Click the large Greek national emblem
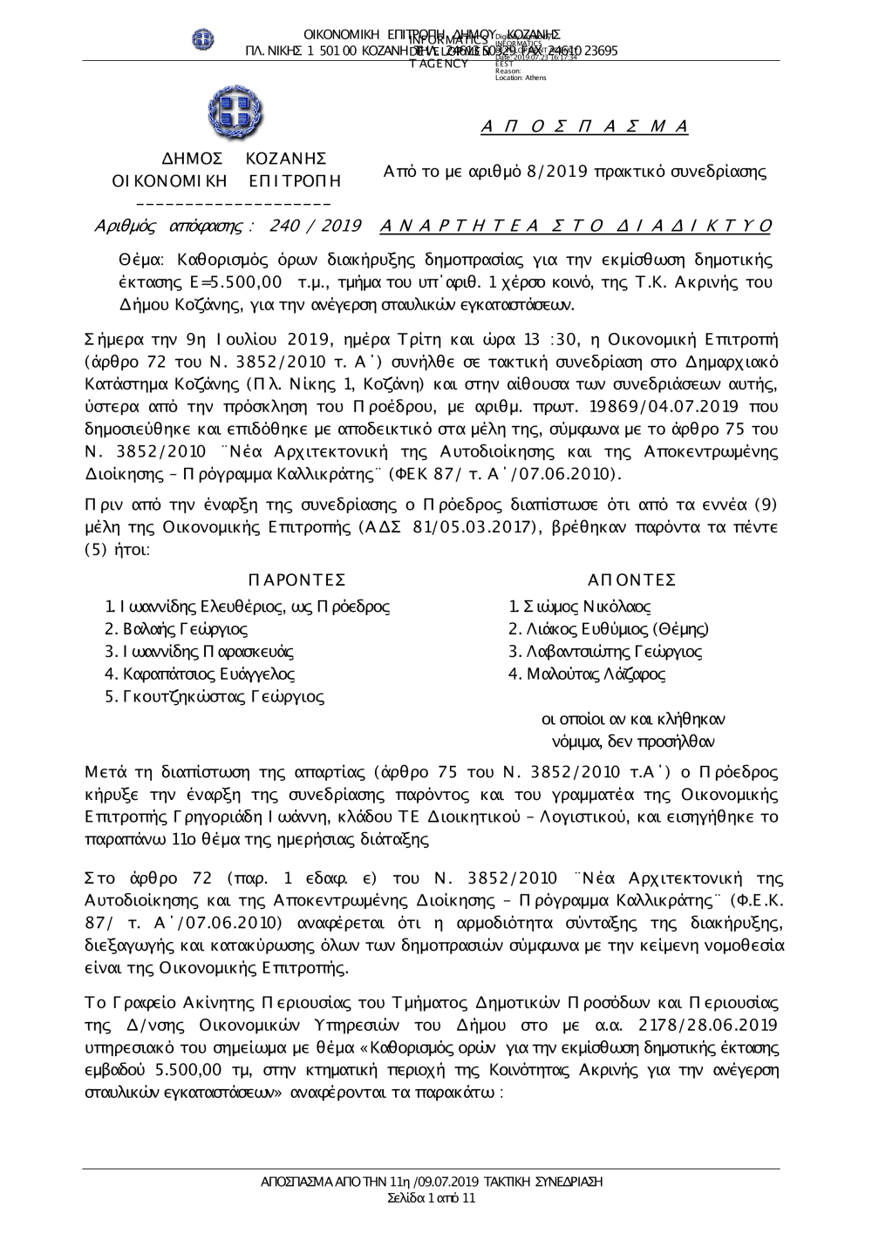coord(235,113)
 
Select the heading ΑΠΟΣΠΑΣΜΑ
coord(584,127)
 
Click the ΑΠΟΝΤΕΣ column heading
coord(632,580)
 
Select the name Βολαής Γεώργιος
coord(176,629)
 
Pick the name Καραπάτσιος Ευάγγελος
coord(200,674)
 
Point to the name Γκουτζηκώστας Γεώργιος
coord(215,697)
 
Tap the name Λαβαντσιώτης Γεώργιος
coord(605,652)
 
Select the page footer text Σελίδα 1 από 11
coord(432,1198)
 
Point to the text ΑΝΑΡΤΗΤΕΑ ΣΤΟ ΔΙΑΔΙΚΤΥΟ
coord(576,227)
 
